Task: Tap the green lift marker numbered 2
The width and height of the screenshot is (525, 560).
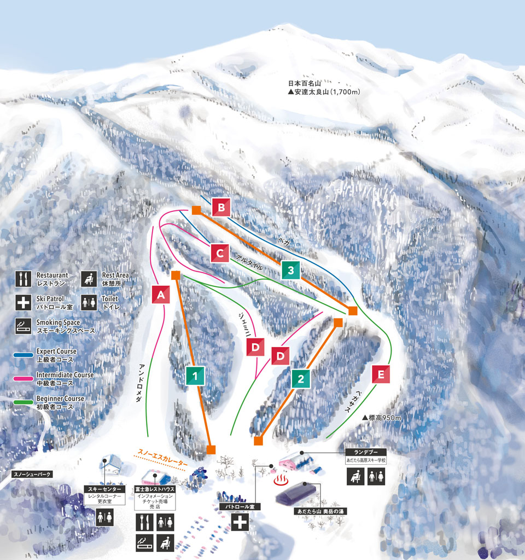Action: (x=301, y=379)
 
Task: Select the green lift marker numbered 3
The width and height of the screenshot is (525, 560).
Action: (x=291, y=270)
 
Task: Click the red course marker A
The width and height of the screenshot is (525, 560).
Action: (x=161, y=295)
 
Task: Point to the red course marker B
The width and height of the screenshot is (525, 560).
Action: (x=221, y=207)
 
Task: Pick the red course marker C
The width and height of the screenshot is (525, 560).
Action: (x=219, y=253)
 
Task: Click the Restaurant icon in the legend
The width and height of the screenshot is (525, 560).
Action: (x=23, y=279)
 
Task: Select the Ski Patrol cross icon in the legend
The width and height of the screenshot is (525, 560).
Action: (x=23, y=303)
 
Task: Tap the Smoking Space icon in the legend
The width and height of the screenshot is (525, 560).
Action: (x=23, y=327)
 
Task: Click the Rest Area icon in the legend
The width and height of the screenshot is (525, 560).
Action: (x=89, y=279)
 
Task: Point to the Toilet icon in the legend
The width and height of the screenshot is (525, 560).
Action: (x=89, y=303)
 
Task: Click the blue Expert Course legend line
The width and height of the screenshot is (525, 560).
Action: (x=23, y=355)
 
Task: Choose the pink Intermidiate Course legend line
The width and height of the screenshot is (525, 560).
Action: (x=23, y=379)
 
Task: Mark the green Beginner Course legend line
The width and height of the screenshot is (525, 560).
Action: (x=23, y=402)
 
